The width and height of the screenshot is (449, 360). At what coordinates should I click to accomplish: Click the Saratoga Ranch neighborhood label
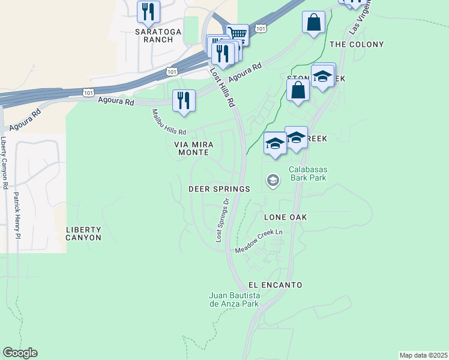tap(154, 35)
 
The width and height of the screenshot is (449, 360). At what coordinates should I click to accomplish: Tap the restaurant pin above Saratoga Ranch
tap(148, 11)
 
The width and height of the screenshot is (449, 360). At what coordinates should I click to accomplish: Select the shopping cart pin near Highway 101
tap(238, 35)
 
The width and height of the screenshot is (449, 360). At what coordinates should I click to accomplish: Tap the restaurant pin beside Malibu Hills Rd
tap(184, 101)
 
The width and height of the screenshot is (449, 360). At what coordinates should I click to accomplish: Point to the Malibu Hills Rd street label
tap(169, 122)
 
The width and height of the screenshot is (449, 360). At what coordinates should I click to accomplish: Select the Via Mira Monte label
tap(191, 149)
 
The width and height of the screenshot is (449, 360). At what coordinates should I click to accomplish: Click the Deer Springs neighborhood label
tap(219, 189)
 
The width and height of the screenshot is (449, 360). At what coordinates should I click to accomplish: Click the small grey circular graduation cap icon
tap(273, 181)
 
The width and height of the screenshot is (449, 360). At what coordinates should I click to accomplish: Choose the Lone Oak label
tap(286, 216)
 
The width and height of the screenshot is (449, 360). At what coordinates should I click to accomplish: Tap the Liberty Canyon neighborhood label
tap(83, 233)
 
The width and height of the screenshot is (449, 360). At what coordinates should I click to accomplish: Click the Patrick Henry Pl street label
tap(17, 215)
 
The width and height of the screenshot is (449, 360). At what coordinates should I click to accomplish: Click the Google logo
tap(20, 353)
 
